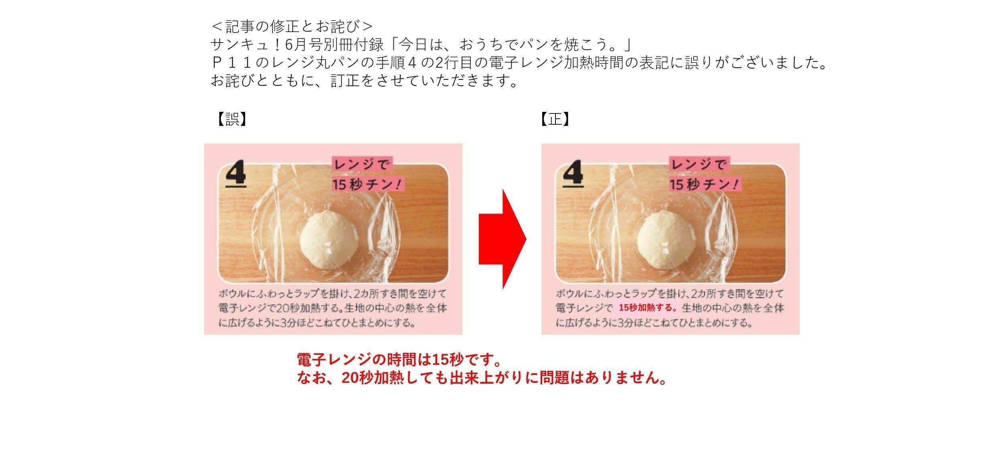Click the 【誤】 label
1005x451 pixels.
tap(231, 119)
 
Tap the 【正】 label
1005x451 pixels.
tap(555, 119)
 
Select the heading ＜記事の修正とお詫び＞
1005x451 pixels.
tap(292, 26)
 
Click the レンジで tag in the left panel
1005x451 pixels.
tap(361, 164)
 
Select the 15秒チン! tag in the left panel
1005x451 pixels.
tap(367, 184)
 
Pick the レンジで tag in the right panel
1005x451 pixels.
tap(698, 164)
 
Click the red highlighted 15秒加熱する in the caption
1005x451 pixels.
tap(647, 308)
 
